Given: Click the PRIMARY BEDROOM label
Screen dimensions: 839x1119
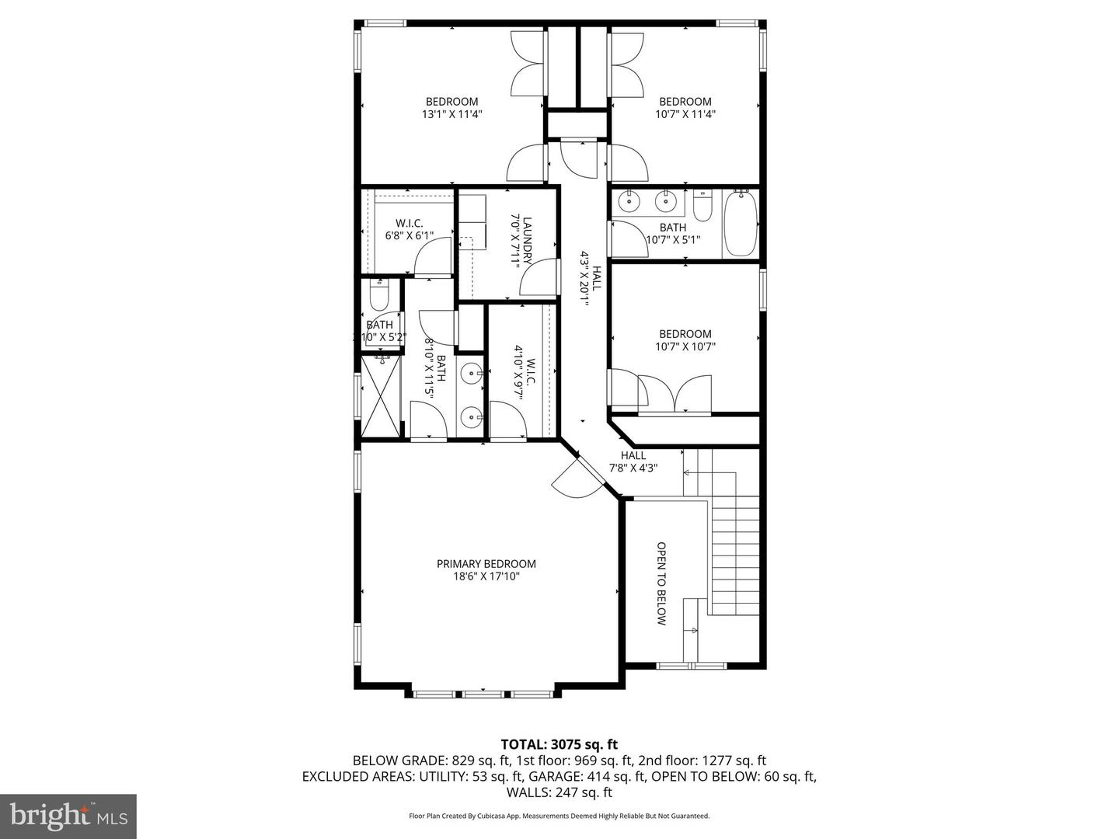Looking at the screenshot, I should pos(486,564).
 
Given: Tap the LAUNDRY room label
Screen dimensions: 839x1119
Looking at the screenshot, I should pos(527,241).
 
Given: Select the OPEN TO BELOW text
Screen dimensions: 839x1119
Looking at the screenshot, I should pos(661,583).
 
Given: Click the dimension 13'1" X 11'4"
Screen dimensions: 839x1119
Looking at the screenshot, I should pos(451,114).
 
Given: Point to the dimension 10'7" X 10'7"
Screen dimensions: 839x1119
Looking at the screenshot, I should pos(685,347).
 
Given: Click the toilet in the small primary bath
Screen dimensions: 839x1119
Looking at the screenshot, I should pos(379,296).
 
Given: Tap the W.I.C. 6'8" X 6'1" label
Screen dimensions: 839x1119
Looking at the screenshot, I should pos(409,229).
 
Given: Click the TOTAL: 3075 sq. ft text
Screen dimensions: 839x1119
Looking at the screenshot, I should pos(559,745).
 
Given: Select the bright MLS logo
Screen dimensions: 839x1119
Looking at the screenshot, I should pos(68,816).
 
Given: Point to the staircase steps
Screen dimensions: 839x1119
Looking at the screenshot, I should pos(734,552).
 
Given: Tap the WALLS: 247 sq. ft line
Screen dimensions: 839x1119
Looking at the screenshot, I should pos(559,792).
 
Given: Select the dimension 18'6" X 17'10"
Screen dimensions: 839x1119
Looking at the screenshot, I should pos(486,576).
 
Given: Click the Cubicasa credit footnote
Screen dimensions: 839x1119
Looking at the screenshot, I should pos(559,816).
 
